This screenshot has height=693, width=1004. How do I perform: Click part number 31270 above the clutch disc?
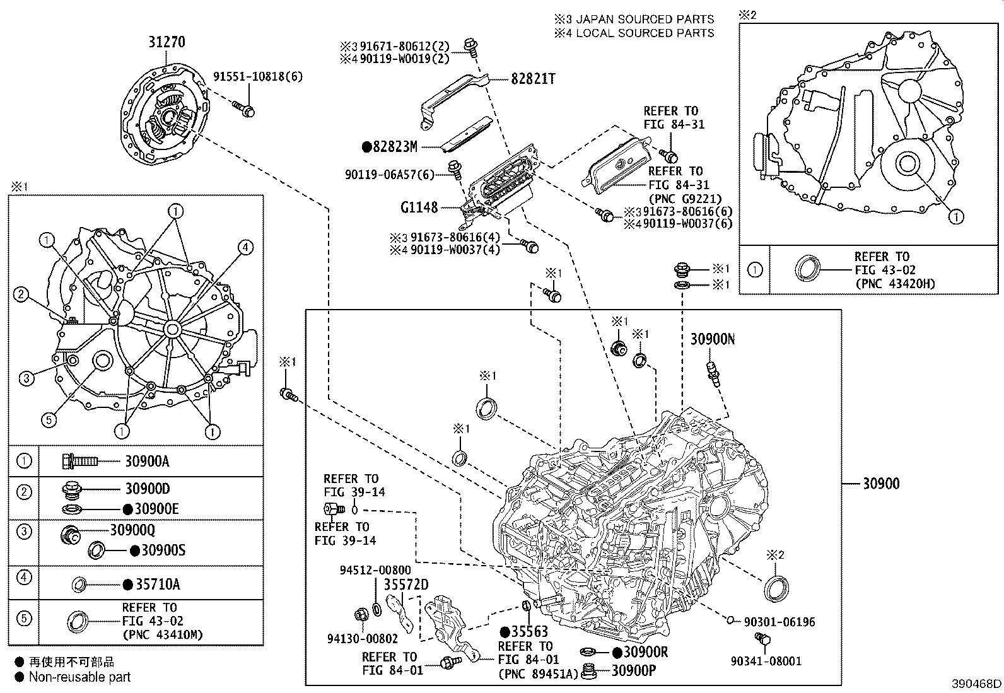[166, 42]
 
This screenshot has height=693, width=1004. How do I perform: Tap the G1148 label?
[419, 207]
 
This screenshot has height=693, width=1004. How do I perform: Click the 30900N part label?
[712, 339]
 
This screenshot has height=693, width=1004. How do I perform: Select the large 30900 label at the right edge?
[881, 484]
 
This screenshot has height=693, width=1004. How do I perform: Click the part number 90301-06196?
[779, 622]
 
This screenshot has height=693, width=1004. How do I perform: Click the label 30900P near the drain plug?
[633, 671]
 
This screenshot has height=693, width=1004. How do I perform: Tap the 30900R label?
[639, 653]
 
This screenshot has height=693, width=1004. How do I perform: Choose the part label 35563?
[528, 632]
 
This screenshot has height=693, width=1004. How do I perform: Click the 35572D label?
[406, 585]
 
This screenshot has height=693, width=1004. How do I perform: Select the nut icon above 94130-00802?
[361, 613]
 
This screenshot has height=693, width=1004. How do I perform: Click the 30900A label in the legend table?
[147, 462]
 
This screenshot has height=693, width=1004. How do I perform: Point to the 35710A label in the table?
[157, 585]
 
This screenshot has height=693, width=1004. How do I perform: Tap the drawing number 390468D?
[976, 684]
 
